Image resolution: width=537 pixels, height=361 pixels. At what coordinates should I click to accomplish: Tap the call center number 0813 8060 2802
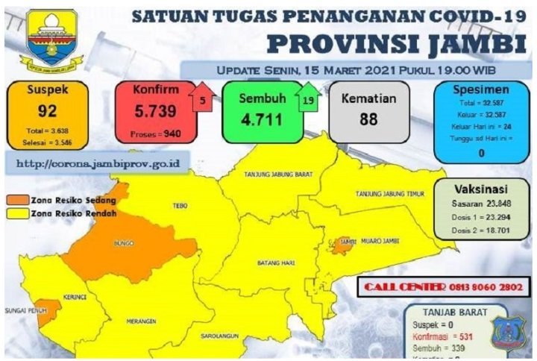(x=480, y=286)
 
